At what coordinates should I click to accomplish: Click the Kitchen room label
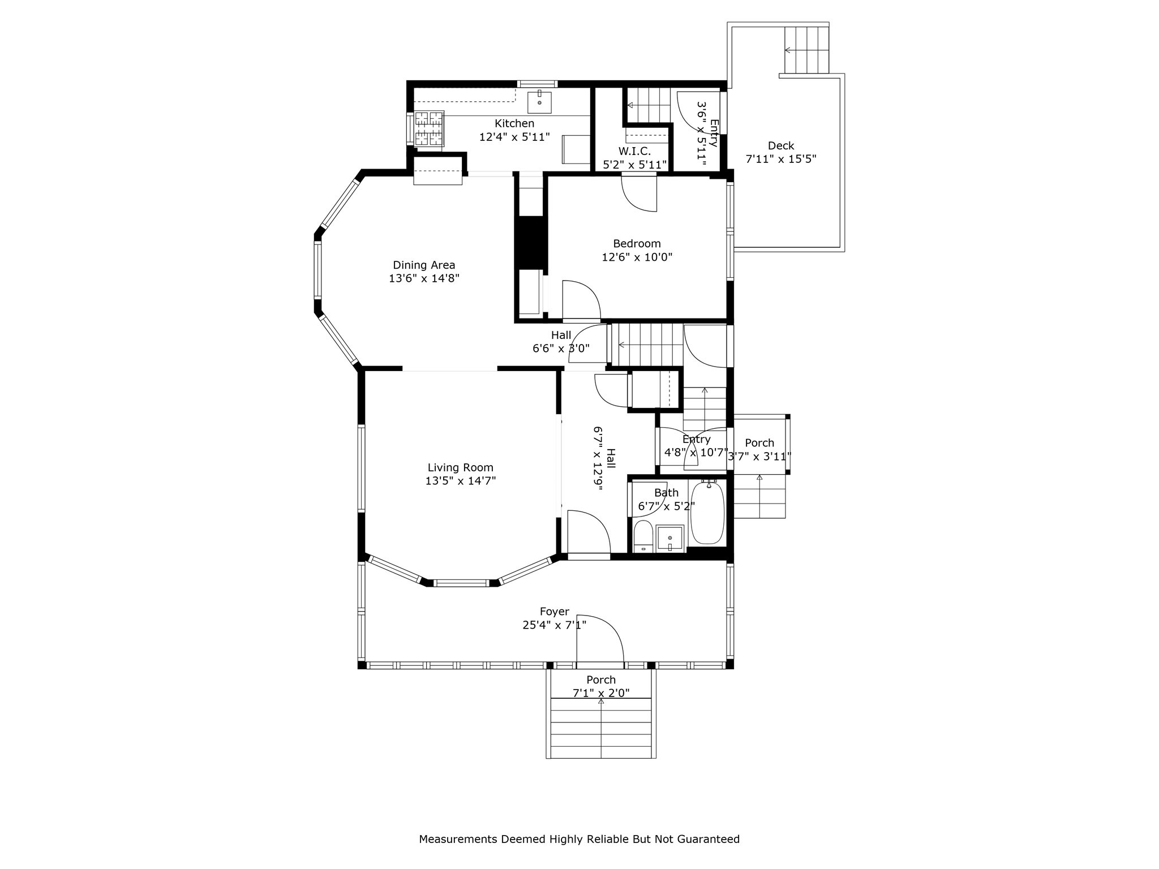pyautogui.click(x=514, y=123)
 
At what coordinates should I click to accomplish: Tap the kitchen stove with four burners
pyautogui.click(x=428, y=129)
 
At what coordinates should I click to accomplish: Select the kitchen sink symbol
pyautogui.click(x=539, y=102)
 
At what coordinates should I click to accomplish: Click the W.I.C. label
pyautogui.click(x=634, y=152)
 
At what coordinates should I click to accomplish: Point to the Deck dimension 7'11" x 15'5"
pyautogui.click(x=780, y=159)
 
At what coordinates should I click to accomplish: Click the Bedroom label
pyautogui.click(x=637, y=244)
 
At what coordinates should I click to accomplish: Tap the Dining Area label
pyautogui.click(x=424, y=265)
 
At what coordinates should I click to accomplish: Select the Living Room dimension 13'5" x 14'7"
pyautogui.click(x=460, y=481)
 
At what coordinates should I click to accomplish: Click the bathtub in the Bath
pyautogui.click(x=707, y=513)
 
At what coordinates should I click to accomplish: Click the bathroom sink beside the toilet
pyautogui.click(x=670, y=537)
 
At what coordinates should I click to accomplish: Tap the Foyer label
pyautogui.click(x=554, y=612)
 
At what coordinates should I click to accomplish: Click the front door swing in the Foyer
pyautogui.click(x=599, y=638)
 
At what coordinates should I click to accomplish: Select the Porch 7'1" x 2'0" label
pyautogui.click(x=600, y=679)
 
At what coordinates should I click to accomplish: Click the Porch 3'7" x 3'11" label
pyautogui.click(x=759, y=443)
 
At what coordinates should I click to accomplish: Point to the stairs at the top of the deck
pyautogui.click(x=806, y=50)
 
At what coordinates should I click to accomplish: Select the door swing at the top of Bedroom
pyautogui.click(x=639, y=193)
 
